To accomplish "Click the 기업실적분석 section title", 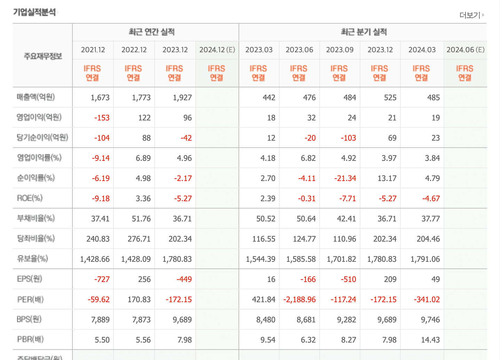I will (34, 12).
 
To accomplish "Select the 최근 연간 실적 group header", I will (151, 32).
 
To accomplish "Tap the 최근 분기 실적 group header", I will (364, 32).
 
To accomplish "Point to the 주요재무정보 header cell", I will (42, 56).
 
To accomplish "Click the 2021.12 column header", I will (93, 50).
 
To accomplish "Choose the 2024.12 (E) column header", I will (217, 50).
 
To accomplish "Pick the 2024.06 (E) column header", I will (465, 50).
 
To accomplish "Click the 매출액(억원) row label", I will (36, 97).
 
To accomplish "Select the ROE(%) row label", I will (30, 198).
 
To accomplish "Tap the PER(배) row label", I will (30, 299).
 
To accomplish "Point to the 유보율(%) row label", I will (32, 259).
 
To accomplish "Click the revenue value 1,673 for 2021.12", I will (100, 97).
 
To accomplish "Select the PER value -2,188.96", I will (299, 299).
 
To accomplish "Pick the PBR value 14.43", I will (430, 340).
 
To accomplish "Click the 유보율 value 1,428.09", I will (136, 259).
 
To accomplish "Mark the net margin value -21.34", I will (345, 178).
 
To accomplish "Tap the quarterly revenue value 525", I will (390, 97).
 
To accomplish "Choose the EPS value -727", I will (102, 279).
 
